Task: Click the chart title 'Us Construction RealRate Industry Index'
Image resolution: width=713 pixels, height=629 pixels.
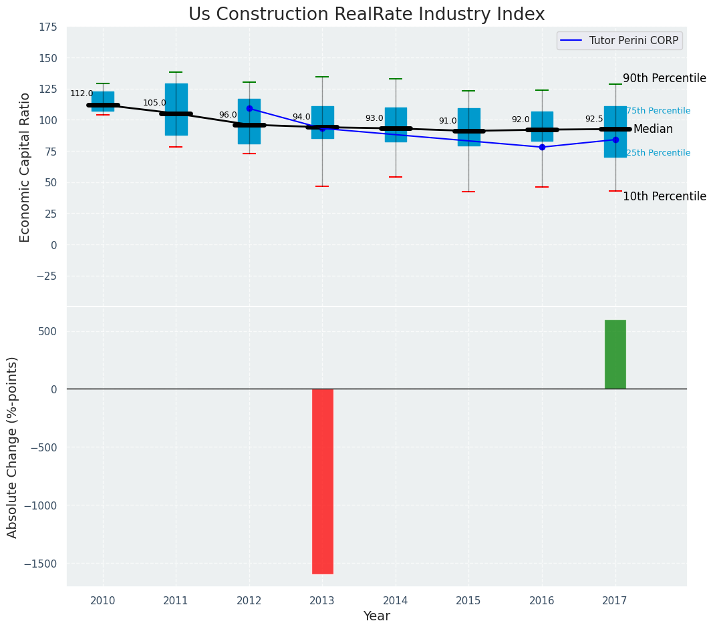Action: (x=366, y=15)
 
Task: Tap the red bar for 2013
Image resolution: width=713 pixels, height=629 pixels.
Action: (x=322, y=481)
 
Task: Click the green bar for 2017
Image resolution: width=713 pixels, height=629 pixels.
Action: (x=615, y=354)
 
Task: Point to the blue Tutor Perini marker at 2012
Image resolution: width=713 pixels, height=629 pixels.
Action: (x=249, y=108)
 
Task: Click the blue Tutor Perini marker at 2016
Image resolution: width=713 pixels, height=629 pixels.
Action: (x=542, y=147)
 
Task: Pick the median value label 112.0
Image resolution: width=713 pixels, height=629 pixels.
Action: (x=82, y=94)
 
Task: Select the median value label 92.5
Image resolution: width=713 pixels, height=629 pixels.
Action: (x=594, y=119)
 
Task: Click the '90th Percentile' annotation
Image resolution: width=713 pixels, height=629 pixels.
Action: (x=664, y=78)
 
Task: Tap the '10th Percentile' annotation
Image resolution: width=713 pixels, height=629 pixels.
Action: (x=664, y=196)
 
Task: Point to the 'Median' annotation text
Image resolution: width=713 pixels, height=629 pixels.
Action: (x=653, y=130)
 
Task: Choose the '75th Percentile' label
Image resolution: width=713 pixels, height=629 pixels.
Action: (x=658, y=111)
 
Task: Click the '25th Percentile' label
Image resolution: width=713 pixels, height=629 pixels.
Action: (x=658, y=153)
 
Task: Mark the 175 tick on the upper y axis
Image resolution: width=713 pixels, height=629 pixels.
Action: (x=47, y=27)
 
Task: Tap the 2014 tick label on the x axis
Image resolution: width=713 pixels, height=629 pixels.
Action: (x=396, y=601)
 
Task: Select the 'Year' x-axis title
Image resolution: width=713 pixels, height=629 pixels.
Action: (x=377, y=616)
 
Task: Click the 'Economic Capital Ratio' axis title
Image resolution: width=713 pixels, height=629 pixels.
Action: (x=25, y=167)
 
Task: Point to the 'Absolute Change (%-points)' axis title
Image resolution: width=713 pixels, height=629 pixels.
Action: (x=13, y=447)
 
